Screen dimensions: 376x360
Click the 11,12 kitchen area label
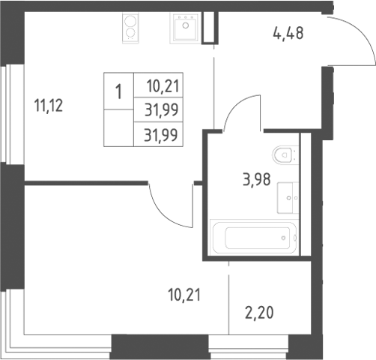coord(49,106)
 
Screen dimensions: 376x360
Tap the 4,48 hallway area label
coord(288,34)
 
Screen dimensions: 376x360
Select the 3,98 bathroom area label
coord(257,179)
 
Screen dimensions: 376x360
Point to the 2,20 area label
coord(259,313)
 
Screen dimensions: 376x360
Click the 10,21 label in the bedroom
coord(184,295)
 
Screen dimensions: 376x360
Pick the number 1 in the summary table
coord(118,91)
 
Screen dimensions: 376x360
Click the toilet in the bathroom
coord(285,155)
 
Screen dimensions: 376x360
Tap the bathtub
coord(255,237)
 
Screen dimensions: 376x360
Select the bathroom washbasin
coord(288,198)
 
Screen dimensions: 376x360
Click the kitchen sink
coord(186,28)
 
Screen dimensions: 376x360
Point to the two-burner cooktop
coord(130,28)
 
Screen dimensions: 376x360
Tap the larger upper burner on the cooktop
coord(130,21)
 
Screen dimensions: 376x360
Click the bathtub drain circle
coord(283,238)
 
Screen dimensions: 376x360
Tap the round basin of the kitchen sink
coord(186,25)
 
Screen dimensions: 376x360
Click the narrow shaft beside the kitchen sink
coord(210,28)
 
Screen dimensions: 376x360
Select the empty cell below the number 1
coord(118,127)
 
